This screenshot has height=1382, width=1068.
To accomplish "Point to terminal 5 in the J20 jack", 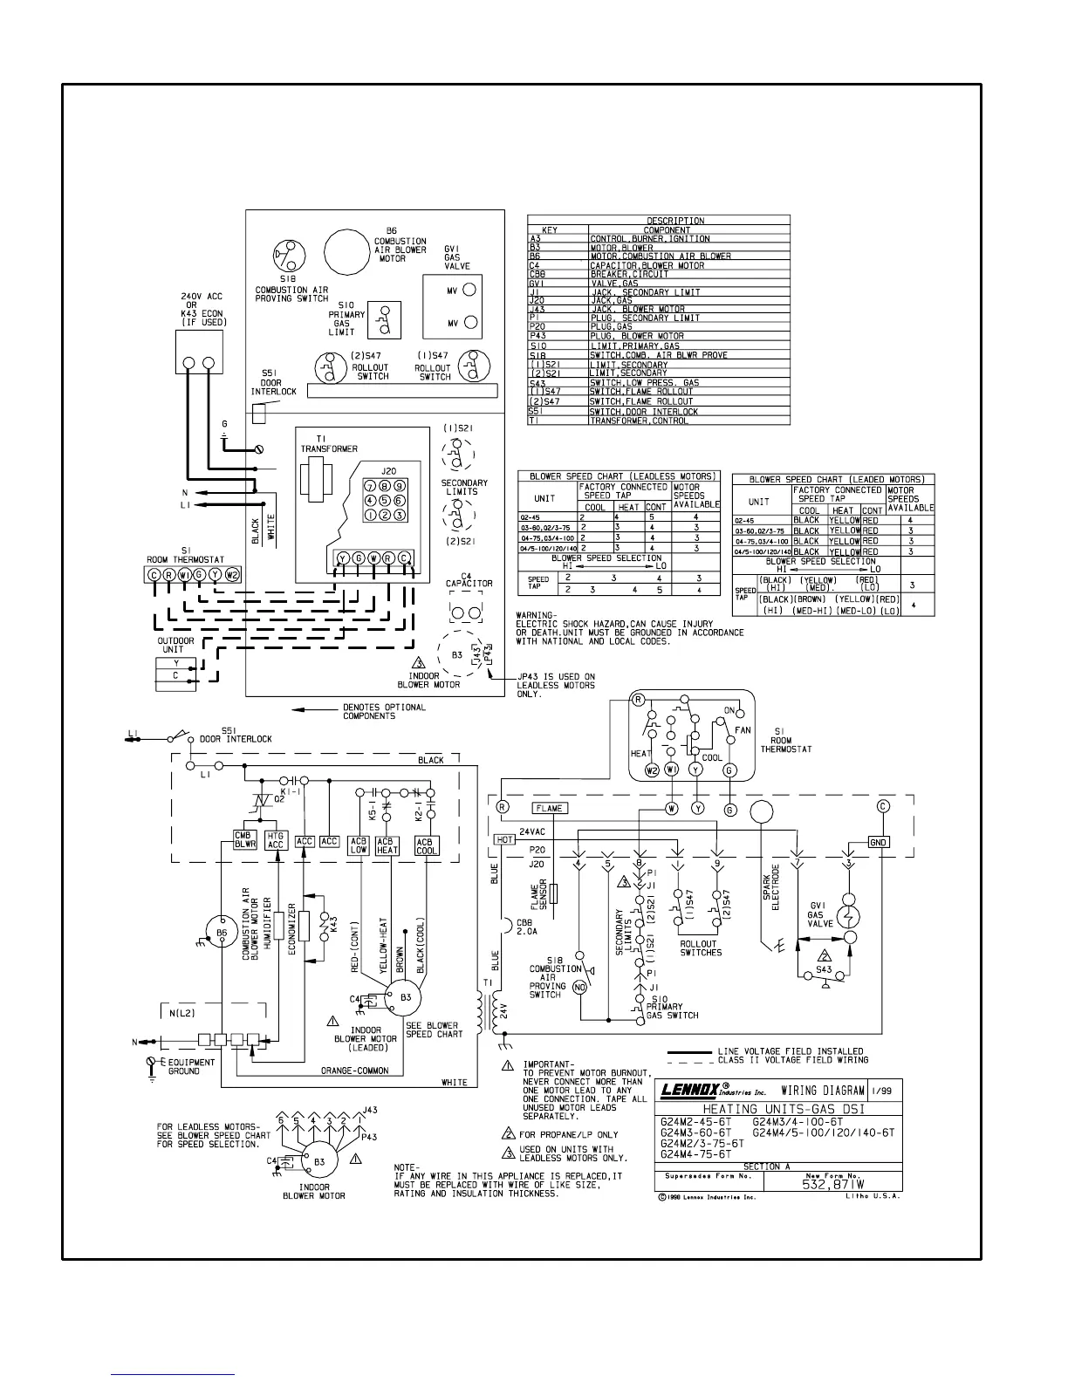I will [385, 501].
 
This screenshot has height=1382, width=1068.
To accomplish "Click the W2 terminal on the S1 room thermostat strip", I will [232, 575].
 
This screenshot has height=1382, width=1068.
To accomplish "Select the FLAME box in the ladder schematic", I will [550, 808].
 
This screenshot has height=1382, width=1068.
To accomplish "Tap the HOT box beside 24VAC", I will [505, 839].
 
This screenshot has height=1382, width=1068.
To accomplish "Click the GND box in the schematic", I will [878, 842].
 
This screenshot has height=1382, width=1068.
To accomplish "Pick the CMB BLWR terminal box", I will [244, 840].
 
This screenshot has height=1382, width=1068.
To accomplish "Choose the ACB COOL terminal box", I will [428, 845].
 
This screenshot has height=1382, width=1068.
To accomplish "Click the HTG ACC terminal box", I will [276, 840].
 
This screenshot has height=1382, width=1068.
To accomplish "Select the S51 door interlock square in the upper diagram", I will [258, 414].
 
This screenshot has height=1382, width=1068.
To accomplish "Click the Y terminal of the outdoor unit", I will [176, 663].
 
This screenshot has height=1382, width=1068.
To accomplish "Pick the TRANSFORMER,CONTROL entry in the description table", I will [639, 421].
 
